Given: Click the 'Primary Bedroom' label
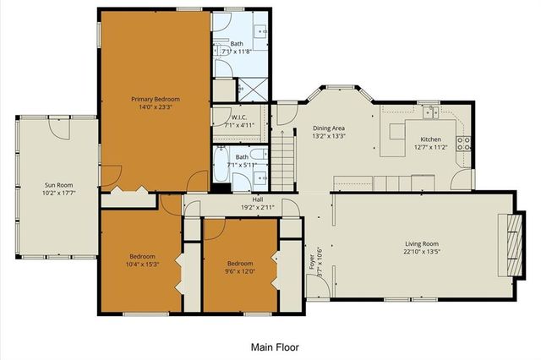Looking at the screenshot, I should [x=155, y=99].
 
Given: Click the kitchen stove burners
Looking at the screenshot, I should [x=463, y=143].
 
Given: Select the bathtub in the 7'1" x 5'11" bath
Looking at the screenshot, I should [x=221, y=166].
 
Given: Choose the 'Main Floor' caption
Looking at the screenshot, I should [x=275, y=346].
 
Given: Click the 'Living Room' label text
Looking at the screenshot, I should [x=423, y=243].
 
